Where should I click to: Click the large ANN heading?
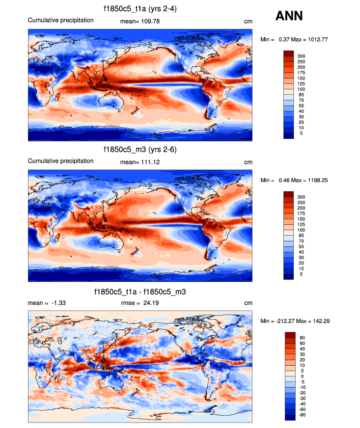(x=289, y=16)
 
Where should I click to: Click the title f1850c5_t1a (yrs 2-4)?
(x=139, y=8)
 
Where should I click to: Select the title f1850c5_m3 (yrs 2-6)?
(x=140, y=149)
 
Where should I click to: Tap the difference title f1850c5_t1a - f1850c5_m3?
(x=139, y=292)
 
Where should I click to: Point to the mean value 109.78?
(x=150, y=21)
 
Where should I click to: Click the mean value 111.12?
(x=150, y=162)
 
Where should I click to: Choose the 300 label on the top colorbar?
(x=302, y=56)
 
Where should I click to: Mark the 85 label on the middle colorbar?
(x=302, y=236)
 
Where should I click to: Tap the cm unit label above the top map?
(x=248, y=21)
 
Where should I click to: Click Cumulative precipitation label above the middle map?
(x=60, y=161)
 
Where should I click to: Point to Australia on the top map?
(x=111, y=102)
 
